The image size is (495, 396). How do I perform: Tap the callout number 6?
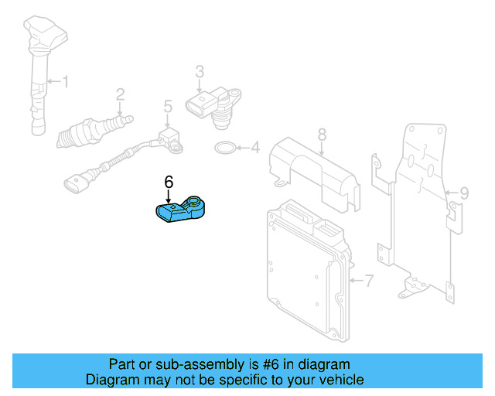point(169,183)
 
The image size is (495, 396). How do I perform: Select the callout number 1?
point(66,80)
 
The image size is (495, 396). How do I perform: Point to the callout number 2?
point(120,95)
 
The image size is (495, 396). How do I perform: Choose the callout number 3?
point(199,71)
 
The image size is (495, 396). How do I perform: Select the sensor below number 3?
point(210,104)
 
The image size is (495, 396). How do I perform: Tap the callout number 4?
point(256,146)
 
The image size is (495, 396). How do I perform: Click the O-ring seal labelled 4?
point(225,147)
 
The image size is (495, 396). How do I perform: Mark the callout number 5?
point(166,106)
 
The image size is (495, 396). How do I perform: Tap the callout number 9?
point(464,193)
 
